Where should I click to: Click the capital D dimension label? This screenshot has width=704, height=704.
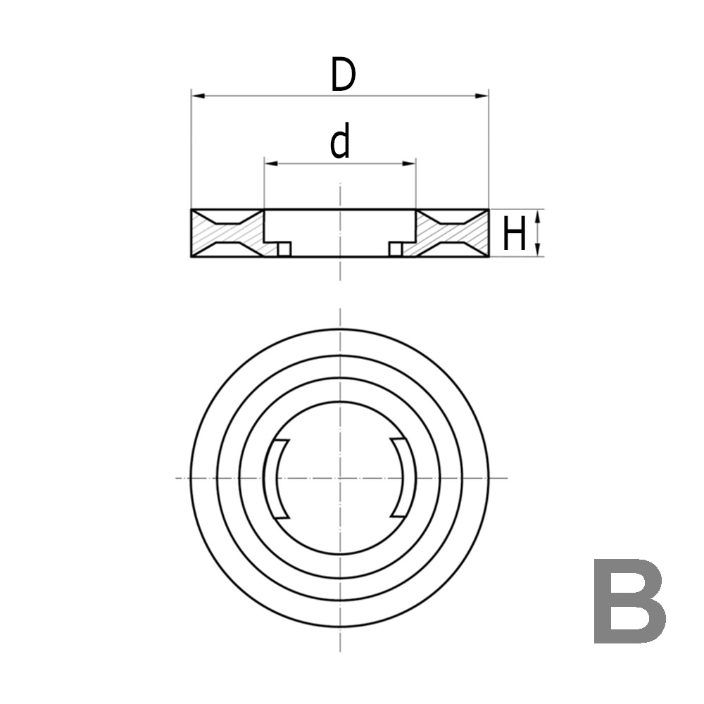tap(342, 75)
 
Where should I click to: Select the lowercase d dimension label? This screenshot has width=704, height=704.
tap(340, 143)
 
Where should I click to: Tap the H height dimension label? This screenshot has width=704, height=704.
tap(514, 234)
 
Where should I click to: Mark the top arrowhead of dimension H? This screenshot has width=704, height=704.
tap(539, 215)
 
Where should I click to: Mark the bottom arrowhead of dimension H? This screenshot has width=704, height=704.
tap(539, 251)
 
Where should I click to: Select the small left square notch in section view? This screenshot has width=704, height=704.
tap(284, 249)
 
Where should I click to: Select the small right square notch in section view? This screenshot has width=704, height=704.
tap(396, 249)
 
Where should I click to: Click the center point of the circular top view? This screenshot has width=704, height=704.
tap(340, 478)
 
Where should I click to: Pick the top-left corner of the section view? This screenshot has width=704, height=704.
tap(191, 210)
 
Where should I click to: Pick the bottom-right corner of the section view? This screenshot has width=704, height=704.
tap(489, 257)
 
